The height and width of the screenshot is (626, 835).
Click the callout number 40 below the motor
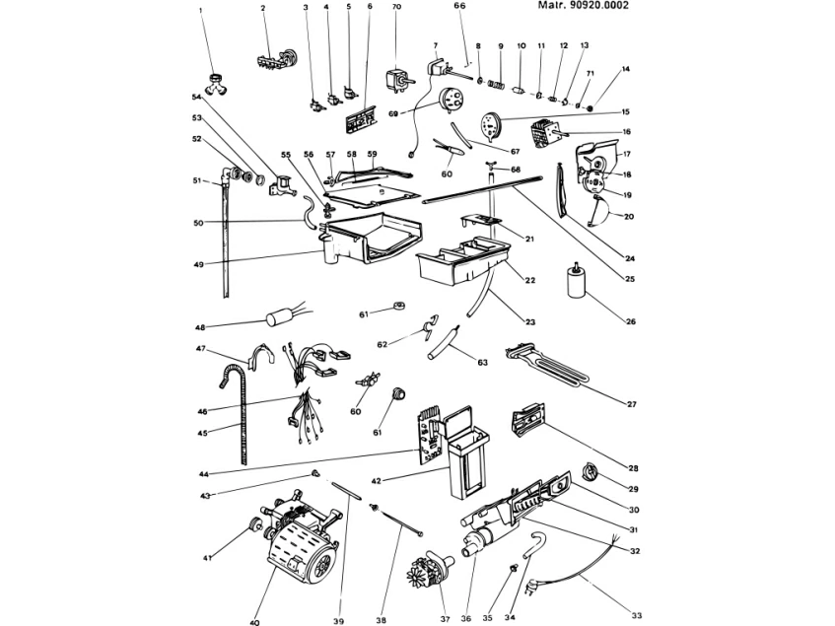click(254, 621)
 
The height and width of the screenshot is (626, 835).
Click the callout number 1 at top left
click(200, 10)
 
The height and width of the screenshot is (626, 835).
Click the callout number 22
click(530, 281)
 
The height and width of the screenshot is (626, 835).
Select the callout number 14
click(625, 69)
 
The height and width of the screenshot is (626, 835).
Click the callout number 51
click(196, 179)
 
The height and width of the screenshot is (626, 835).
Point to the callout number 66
click(459, 6)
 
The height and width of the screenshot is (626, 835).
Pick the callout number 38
click(381, 620)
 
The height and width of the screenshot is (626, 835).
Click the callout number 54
click(196, 97)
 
